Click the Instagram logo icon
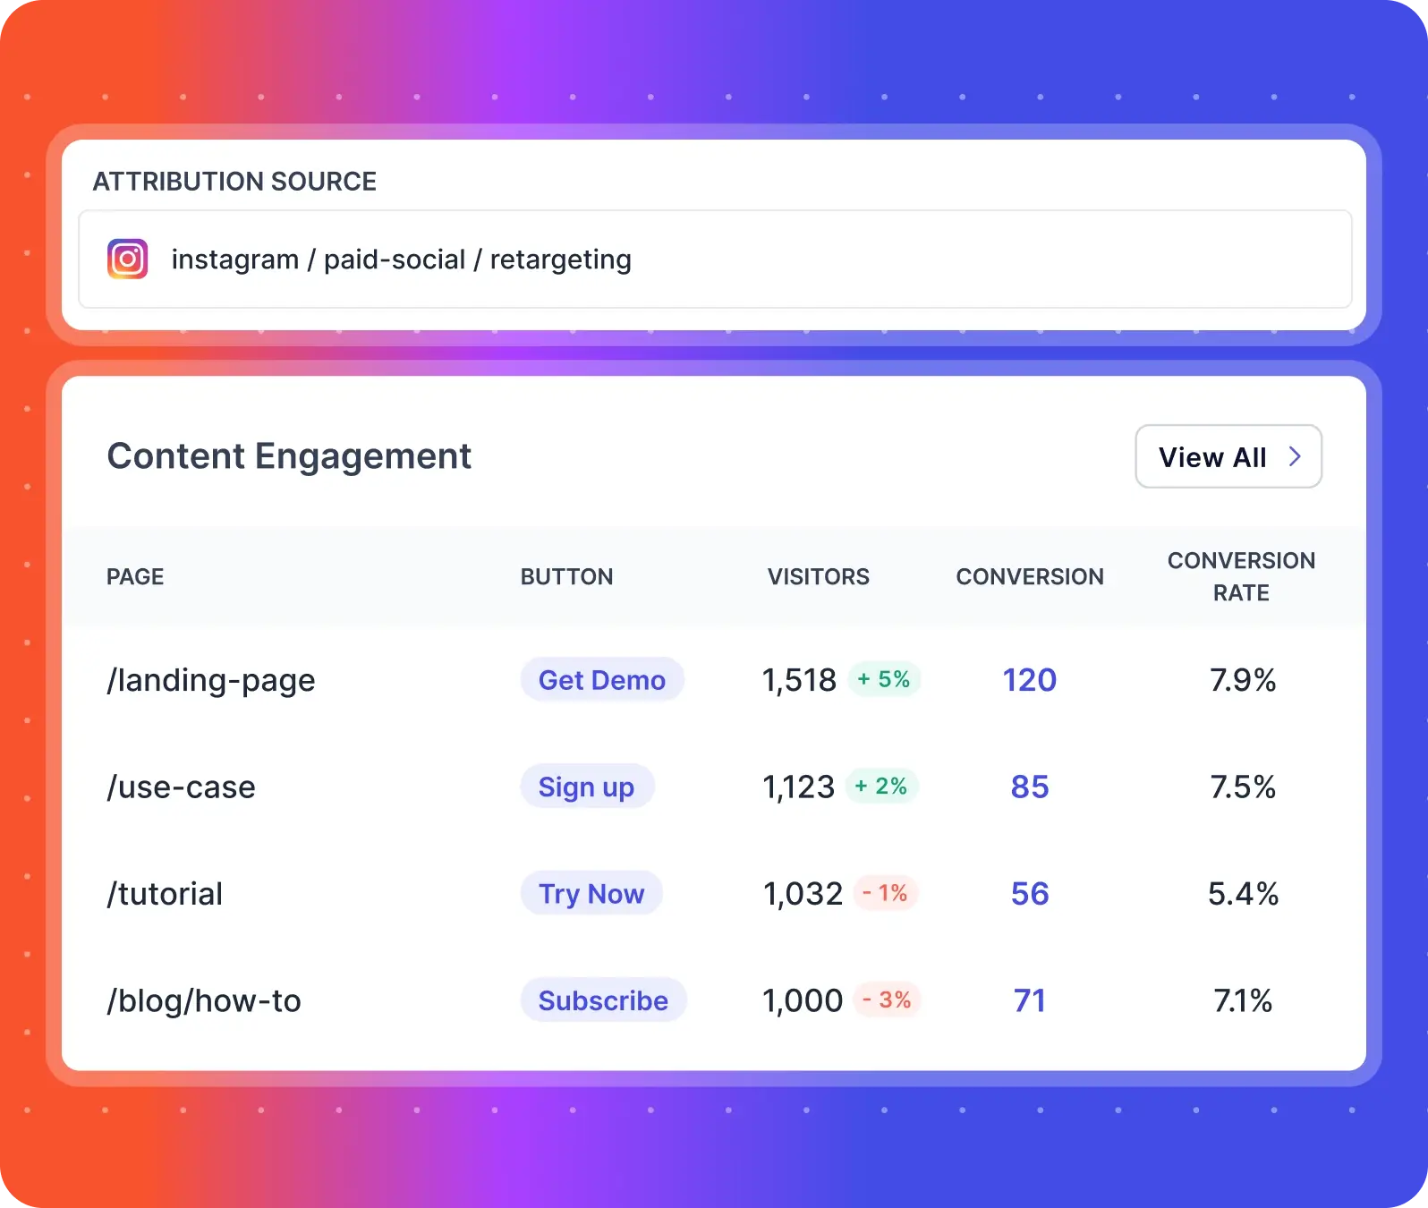click(x=128, y=259)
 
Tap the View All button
click(x=1228, y=456)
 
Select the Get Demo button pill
click(x=602, y=680)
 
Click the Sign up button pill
click(x=587, y=787)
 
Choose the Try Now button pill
click(x=591, y=893)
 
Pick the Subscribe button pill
click(x=603, y=1000)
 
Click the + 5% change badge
click(x=884, y=679)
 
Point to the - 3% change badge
click(x=887, y=1000)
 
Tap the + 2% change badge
click(x=881, y=787)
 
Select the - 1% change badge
click(x=885, y=893)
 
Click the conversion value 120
click(x=1029, y=680)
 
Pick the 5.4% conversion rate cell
click(x=1243, y=893)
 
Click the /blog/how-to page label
click(x=204, y=1000)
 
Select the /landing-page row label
click(x=211, y=680)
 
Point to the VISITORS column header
click(x=818, y=576)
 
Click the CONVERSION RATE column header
click(x=1241, y=576)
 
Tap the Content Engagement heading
click(x=289, y=456)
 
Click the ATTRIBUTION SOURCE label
click(x=234, y=182)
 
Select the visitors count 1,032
click(x=803, y=893)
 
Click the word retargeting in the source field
click(x=560, y=259)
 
